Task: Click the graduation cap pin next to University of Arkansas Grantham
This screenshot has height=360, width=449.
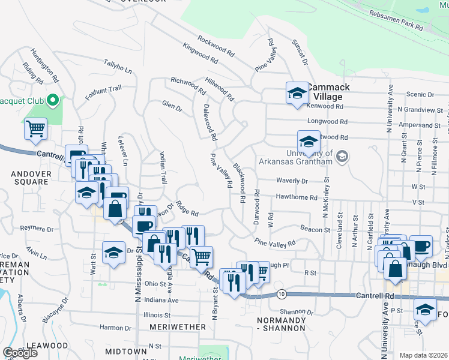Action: coord(309,143)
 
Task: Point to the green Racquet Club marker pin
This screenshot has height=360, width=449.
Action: coord(52,100)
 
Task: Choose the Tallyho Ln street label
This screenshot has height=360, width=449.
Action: coord(118,66)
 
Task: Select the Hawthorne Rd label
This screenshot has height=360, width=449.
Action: coord(297,197)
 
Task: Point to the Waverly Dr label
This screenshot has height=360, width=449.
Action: coord(292,181)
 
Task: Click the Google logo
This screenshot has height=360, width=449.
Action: coord(20,352)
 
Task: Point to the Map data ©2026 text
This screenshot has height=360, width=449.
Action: coord(423,355)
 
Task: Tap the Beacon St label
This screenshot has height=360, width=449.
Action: coord(315,229)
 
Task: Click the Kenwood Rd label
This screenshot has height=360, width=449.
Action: coord(327,106)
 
